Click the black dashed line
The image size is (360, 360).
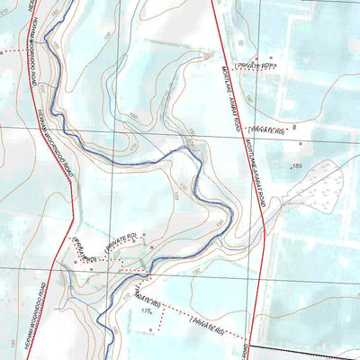306,347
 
